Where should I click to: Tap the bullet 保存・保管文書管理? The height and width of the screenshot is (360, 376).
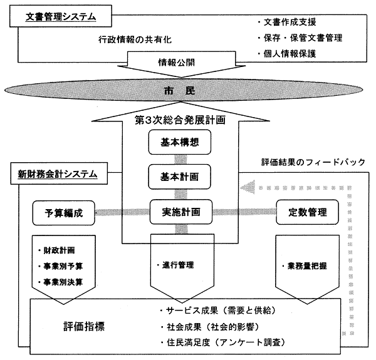[x=301, y=38]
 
